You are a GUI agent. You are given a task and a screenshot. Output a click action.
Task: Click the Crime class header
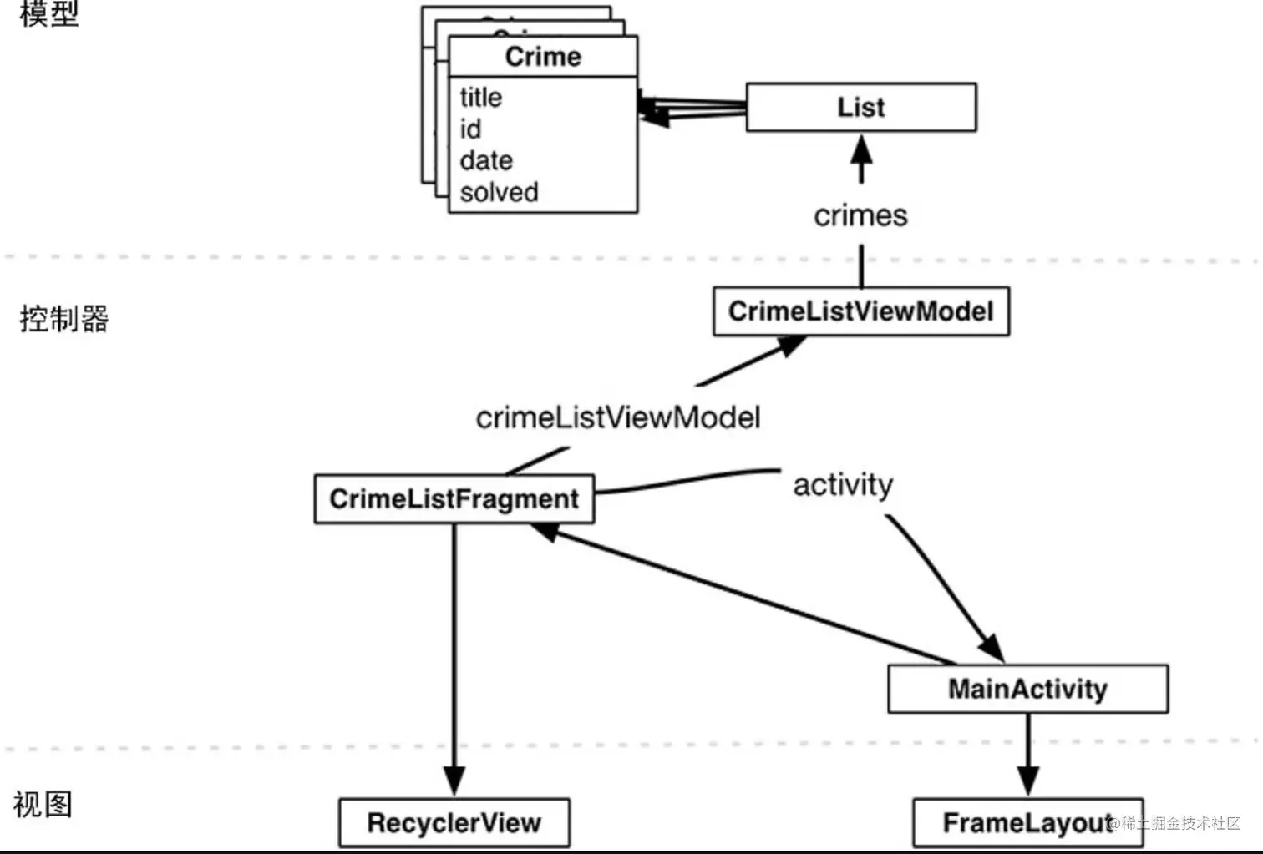coord(543,57)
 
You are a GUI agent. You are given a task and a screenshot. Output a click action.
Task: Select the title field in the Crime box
coord(481,98)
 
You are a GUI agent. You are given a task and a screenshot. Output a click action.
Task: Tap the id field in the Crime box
coord(470,129)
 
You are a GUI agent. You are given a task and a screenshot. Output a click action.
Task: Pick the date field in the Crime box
coord(486,160)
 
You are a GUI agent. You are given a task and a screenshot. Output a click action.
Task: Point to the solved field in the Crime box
coord(499,192)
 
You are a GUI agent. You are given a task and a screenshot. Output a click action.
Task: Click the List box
coord(860,107)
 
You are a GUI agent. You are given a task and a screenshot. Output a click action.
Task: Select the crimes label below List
coord(860,215)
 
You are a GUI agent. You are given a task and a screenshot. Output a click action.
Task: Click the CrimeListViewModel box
coord(860,311)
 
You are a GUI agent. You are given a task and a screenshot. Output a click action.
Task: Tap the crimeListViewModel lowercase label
coord(618,417)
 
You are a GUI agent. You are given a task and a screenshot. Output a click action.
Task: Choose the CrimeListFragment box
coord(454,499)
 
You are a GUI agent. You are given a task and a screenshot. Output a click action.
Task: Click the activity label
coord(843,484)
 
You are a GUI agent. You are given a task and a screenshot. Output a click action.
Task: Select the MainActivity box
coord(1027,689)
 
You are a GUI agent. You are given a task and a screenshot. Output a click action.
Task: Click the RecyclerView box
coord(454,823)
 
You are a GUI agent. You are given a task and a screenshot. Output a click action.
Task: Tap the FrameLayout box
coord(1027,823)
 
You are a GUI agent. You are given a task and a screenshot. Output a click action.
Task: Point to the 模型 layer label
coord(48,13)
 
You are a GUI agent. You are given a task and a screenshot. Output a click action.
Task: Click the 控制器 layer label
coord(63,319)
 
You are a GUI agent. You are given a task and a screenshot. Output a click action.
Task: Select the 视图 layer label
coord(43,805)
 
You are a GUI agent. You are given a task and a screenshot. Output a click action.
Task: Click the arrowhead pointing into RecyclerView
coord(454,781)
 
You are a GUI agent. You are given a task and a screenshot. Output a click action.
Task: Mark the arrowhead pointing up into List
coord(861,150)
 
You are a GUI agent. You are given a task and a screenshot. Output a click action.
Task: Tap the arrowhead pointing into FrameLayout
coord(1028,781)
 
